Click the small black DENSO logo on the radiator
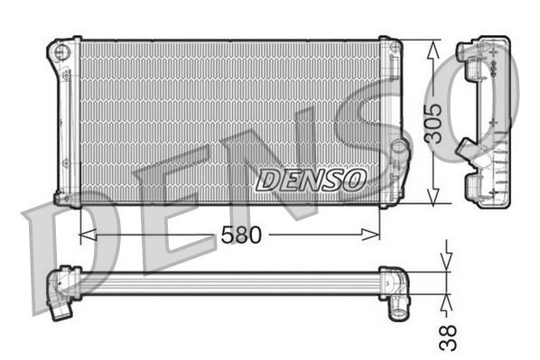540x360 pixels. tap(310, 180)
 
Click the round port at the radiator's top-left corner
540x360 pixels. tap(61, 52)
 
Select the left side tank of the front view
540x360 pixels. tap(66, 122)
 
